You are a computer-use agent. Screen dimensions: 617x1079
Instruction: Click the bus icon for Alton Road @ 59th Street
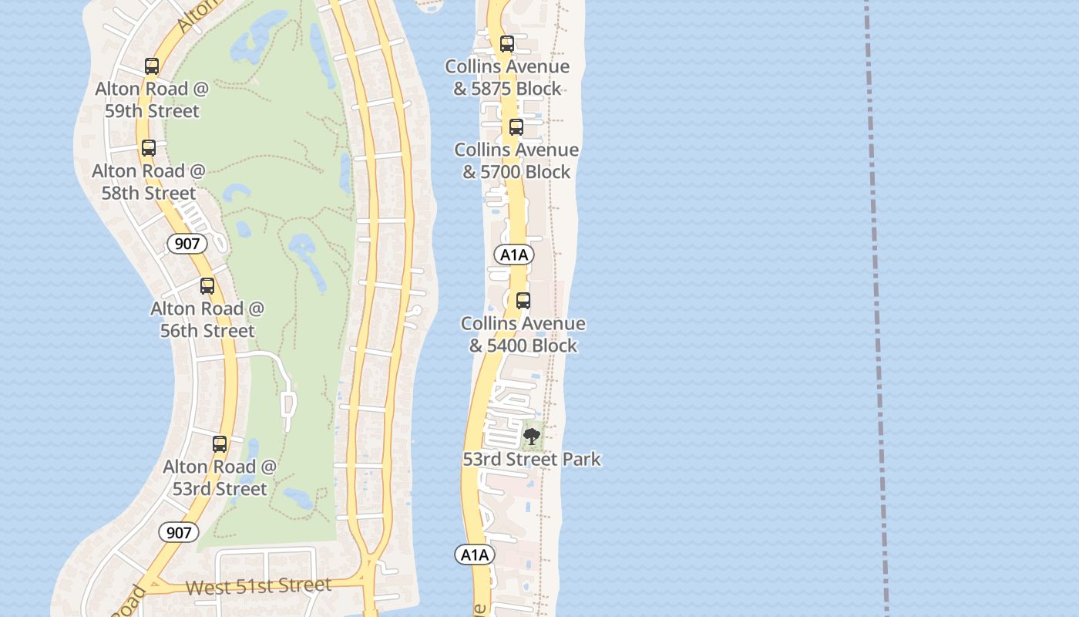pyautogui.click(x=152, y=66)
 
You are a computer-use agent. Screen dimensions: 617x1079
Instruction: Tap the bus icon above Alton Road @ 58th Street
pyautogui.click(x=149, y=148)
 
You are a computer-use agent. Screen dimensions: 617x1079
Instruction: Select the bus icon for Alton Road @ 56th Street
pyautogui.click(x=207, y=286)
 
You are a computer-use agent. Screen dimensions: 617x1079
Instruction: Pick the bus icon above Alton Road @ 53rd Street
pyautogui.click(x=220, y=444)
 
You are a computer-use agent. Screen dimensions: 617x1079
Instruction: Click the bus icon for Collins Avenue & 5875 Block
pyautogui.click(x=507, y=44)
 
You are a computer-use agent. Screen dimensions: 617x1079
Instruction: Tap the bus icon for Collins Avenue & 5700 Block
pyautogui.click(x=516, y=127)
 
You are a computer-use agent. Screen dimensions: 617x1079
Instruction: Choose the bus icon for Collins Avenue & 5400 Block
pyautogui.click(x=523, y=301)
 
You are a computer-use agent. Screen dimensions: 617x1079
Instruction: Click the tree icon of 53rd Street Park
pyautogui.click(x=531, y=437)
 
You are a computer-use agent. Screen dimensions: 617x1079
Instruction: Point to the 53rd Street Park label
pyautogui.click(x=532, y=460)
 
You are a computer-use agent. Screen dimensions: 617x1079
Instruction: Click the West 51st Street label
pyautogui.click(x=258, y=586)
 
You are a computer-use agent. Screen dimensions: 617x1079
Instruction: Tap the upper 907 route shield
pyautogui.click(x=187, y=244)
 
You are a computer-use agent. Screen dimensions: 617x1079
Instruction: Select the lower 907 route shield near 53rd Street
pyautogui.click(x=179, y=532)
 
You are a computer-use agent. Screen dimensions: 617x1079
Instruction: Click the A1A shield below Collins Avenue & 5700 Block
pyautogui.click(x=514, y=255)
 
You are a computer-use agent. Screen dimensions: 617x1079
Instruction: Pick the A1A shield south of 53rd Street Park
pyautogui.click(x=475, y=555)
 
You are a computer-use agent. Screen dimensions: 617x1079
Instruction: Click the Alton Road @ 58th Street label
pyautogui.click(x=149, y=181)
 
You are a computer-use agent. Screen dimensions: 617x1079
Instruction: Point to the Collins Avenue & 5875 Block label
pyautogui.click(x=507, y=78)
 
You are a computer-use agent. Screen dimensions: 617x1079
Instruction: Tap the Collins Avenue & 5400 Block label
pyautogui.click(x=523, y=334)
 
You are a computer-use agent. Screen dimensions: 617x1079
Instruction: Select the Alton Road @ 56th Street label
pyautogui.click(x=207, y=319)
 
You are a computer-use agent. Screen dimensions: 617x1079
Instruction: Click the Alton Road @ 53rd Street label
pyautogui.click(x=220, y=477)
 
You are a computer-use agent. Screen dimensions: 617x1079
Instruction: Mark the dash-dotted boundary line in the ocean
pyautogui.click(x=876, y=308)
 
